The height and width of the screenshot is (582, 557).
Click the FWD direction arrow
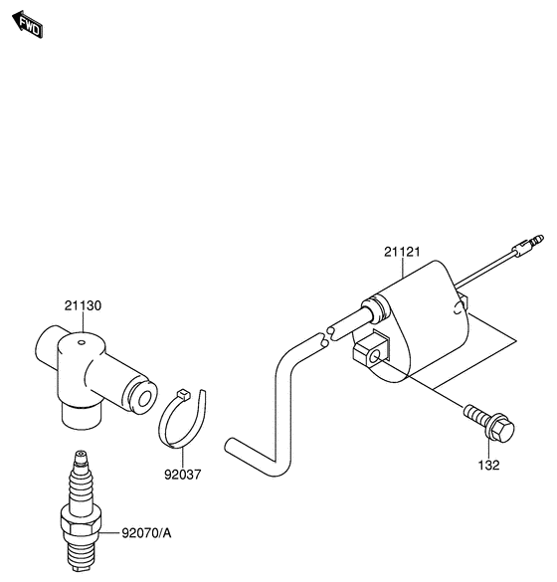28,24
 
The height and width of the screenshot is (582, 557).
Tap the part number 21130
83,305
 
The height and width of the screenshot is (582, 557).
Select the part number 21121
402,252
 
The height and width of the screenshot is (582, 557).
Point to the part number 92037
183,475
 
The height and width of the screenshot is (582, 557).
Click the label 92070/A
147,533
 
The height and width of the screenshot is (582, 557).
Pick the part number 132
489,465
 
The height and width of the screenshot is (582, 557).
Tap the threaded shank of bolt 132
476,415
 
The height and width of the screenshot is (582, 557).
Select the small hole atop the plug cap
82,342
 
